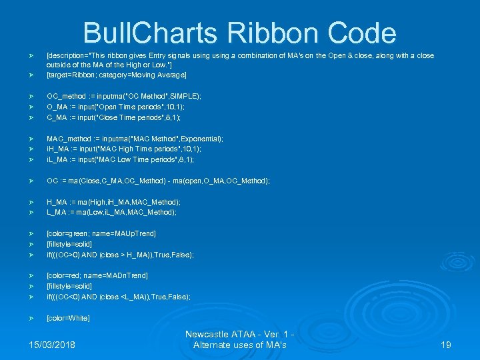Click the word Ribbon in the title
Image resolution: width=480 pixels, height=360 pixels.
[275, 33]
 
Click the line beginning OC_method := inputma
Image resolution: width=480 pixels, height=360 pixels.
[124, 96]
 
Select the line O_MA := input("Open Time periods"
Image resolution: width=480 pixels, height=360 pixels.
[115, 107]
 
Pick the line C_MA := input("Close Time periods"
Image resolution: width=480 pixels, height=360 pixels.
[115, 117]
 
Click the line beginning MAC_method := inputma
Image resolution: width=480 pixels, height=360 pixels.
[135, 139]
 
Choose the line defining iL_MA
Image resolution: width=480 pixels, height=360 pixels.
[120, 160]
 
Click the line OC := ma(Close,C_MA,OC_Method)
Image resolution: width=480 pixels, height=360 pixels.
[157, 181]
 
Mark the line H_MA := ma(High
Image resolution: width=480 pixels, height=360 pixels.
[113, 202]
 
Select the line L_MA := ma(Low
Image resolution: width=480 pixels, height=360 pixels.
[111, 213]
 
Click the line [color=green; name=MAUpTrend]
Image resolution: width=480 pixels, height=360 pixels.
[101, 233]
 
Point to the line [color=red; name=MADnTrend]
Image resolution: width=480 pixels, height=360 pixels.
[97, 275]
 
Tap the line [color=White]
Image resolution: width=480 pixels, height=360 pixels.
[68, 318]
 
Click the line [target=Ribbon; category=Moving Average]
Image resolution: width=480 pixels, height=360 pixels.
[116, 75]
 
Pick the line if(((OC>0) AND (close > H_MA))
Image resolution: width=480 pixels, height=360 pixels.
[120, 255]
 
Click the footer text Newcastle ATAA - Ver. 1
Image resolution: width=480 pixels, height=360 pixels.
[239, 334]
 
